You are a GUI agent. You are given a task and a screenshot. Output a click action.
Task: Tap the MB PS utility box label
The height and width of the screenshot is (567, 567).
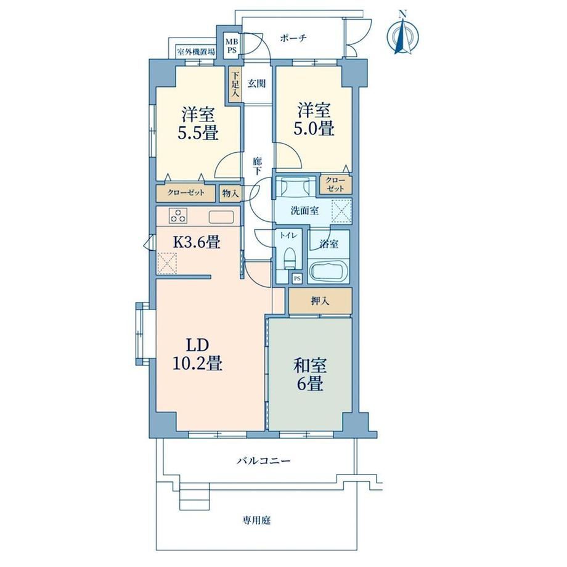tap(232, 46)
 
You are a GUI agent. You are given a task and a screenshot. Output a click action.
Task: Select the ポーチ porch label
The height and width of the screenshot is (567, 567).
tap(293, 38)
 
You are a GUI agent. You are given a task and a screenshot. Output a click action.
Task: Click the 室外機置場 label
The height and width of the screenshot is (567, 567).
tap(195, 52)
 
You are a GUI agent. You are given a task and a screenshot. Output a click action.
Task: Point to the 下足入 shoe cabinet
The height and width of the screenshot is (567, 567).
tap(235, 86)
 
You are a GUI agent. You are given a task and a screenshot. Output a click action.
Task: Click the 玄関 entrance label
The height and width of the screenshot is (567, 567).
tap(256, 84)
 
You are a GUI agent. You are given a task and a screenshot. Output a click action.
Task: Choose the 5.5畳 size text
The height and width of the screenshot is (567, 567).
tap(198, 133)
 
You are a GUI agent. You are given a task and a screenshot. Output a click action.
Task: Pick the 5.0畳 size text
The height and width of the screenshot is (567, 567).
tap(313, 129)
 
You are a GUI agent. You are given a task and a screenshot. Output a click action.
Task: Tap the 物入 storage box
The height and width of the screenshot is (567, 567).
tap(230, 194)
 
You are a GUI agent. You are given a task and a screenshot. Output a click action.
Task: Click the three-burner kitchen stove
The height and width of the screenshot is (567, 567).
tap(179, 216)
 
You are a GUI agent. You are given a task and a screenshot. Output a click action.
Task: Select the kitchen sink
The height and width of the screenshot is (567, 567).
tap(221, 216)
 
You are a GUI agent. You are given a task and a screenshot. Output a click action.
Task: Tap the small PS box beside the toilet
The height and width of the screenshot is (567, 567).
tap(297, 279)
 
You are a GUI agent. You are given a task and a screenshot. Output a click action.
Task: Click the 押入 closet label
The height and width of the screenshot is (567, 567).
tap(320, 301)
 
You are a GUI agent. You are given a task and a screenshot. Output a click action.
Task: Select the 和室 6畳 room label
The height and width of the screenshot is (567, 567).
tap(310, 375)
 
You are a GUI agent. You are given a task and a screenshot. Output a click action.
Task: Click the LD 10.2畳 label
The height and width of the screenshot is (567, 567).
tap(197, 354)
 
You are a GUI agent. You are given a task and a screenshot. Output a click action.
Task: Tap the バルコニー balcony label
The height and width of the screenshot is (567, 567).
tap(264, 461)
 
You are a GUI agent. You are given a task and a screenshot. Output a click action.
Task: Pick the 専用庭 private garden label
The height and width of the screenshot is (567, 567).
tap(256, 521)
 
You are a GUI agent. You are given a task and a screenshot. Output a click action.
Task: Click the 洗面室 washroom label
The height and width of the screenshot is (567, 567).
tap(304, 210)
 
